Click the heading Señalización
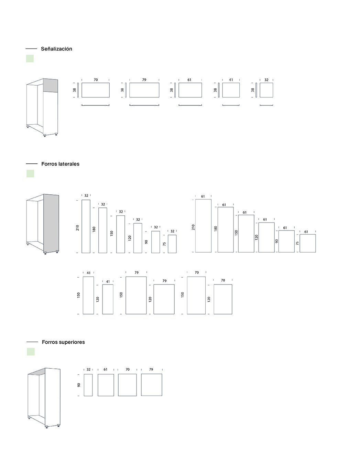(x=56, y=49)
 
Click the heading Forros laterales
(x=61, y=164)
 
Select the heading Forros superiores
(x=63, y=342)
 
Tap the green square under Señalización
(x=30, y=58)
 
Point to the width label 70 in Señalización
(x=96, y=79)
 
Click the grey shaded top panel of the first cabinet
(x=51, y=85)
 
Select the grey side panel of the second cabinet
(x=51, y=223)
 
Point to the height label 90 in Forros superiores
(x=79, y=385)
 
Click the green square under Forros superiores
(x=31, y=352)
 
